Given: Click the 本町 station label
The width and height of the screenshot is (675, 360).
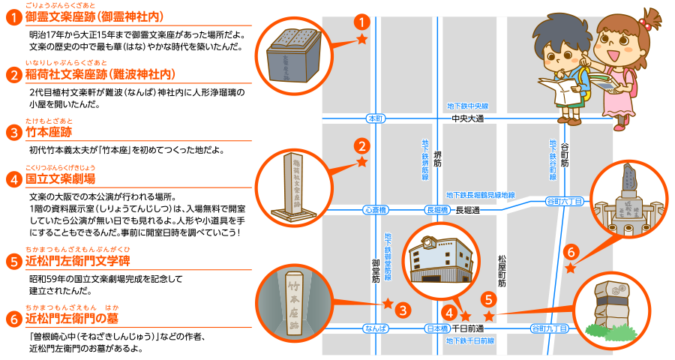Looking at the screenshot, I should coord(376,119).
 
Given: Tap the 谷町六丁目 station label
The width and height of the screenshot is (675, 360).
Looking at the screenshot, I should coord(564,200).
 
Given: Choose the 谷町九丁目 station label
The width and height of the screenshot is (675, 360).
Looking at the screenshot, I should coord(548,328).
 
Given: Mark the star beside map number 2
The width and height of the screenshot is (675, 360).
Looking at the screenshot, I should coord(361,162).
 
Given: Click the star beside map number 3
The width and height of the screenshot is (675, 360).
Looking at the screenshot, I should coord(388,304).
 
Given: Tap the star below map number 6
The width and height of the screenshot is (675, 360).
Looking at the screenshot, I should coord(571,268).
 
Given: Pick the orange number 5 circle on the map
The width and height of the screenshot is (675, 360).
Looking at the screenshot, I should coord(488,298).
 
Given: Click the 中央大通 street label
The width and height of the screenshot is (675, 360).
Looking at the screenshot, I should coord(468,119).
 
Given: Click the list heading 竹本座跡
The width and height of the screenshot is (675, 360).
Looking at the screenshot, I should coord(49,133).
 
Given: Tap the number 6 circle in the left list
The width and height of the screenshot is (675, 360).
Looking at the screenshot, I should coord(13,319).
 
